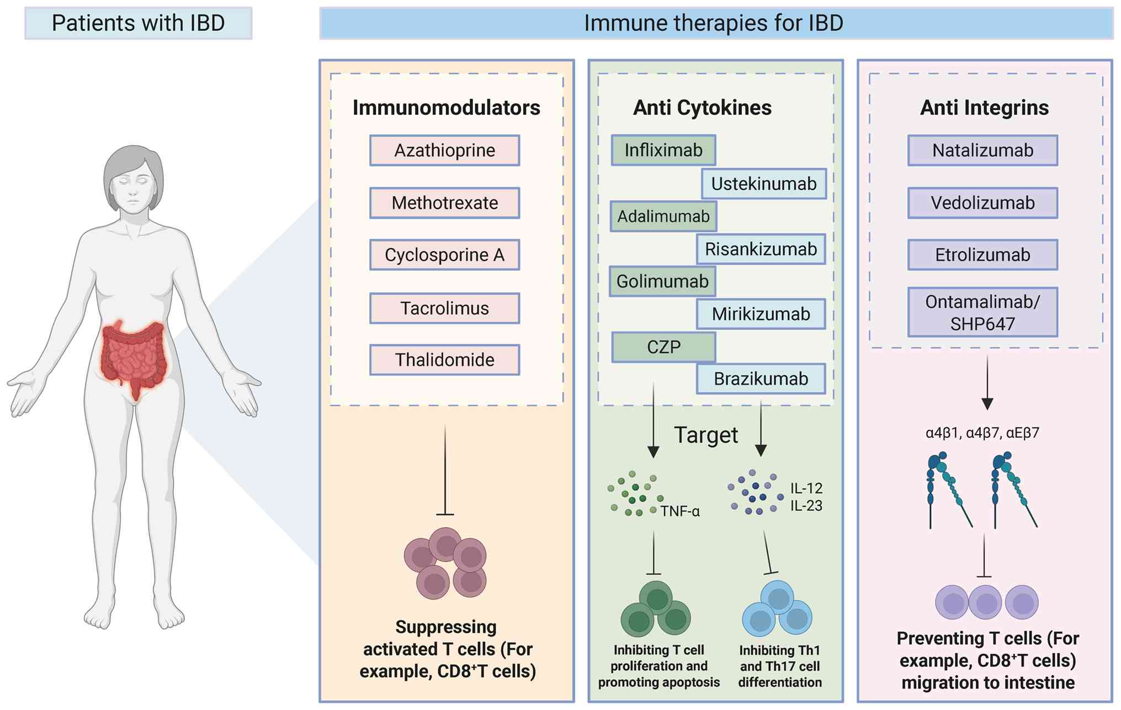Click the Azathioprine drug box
[x=444, y=150]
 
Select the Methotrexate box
[x=444, y=203]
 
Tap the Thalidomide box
[x=444, y=360]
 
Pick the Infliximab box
[x=663, y=150]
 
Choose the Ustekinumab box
[x=764, y=184]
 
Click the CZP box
[x=663, y=347]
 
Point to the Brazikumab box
[x=761, y=379]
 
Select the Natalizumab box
[x=982, y=150]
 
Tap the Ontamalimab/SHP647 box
[x=982, y=312]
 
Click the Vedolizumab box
[x=982, y=203]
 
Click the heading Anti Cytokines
[x=702, y=108]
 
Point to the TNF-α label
[x=680, y=511]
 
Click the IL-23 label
[x=806, y=505]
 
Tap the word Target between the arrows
[x=706, y=435]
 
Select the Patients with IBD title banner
[x=138, y=23]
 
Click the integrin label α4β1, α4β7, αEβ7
[x=982, y=433]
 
